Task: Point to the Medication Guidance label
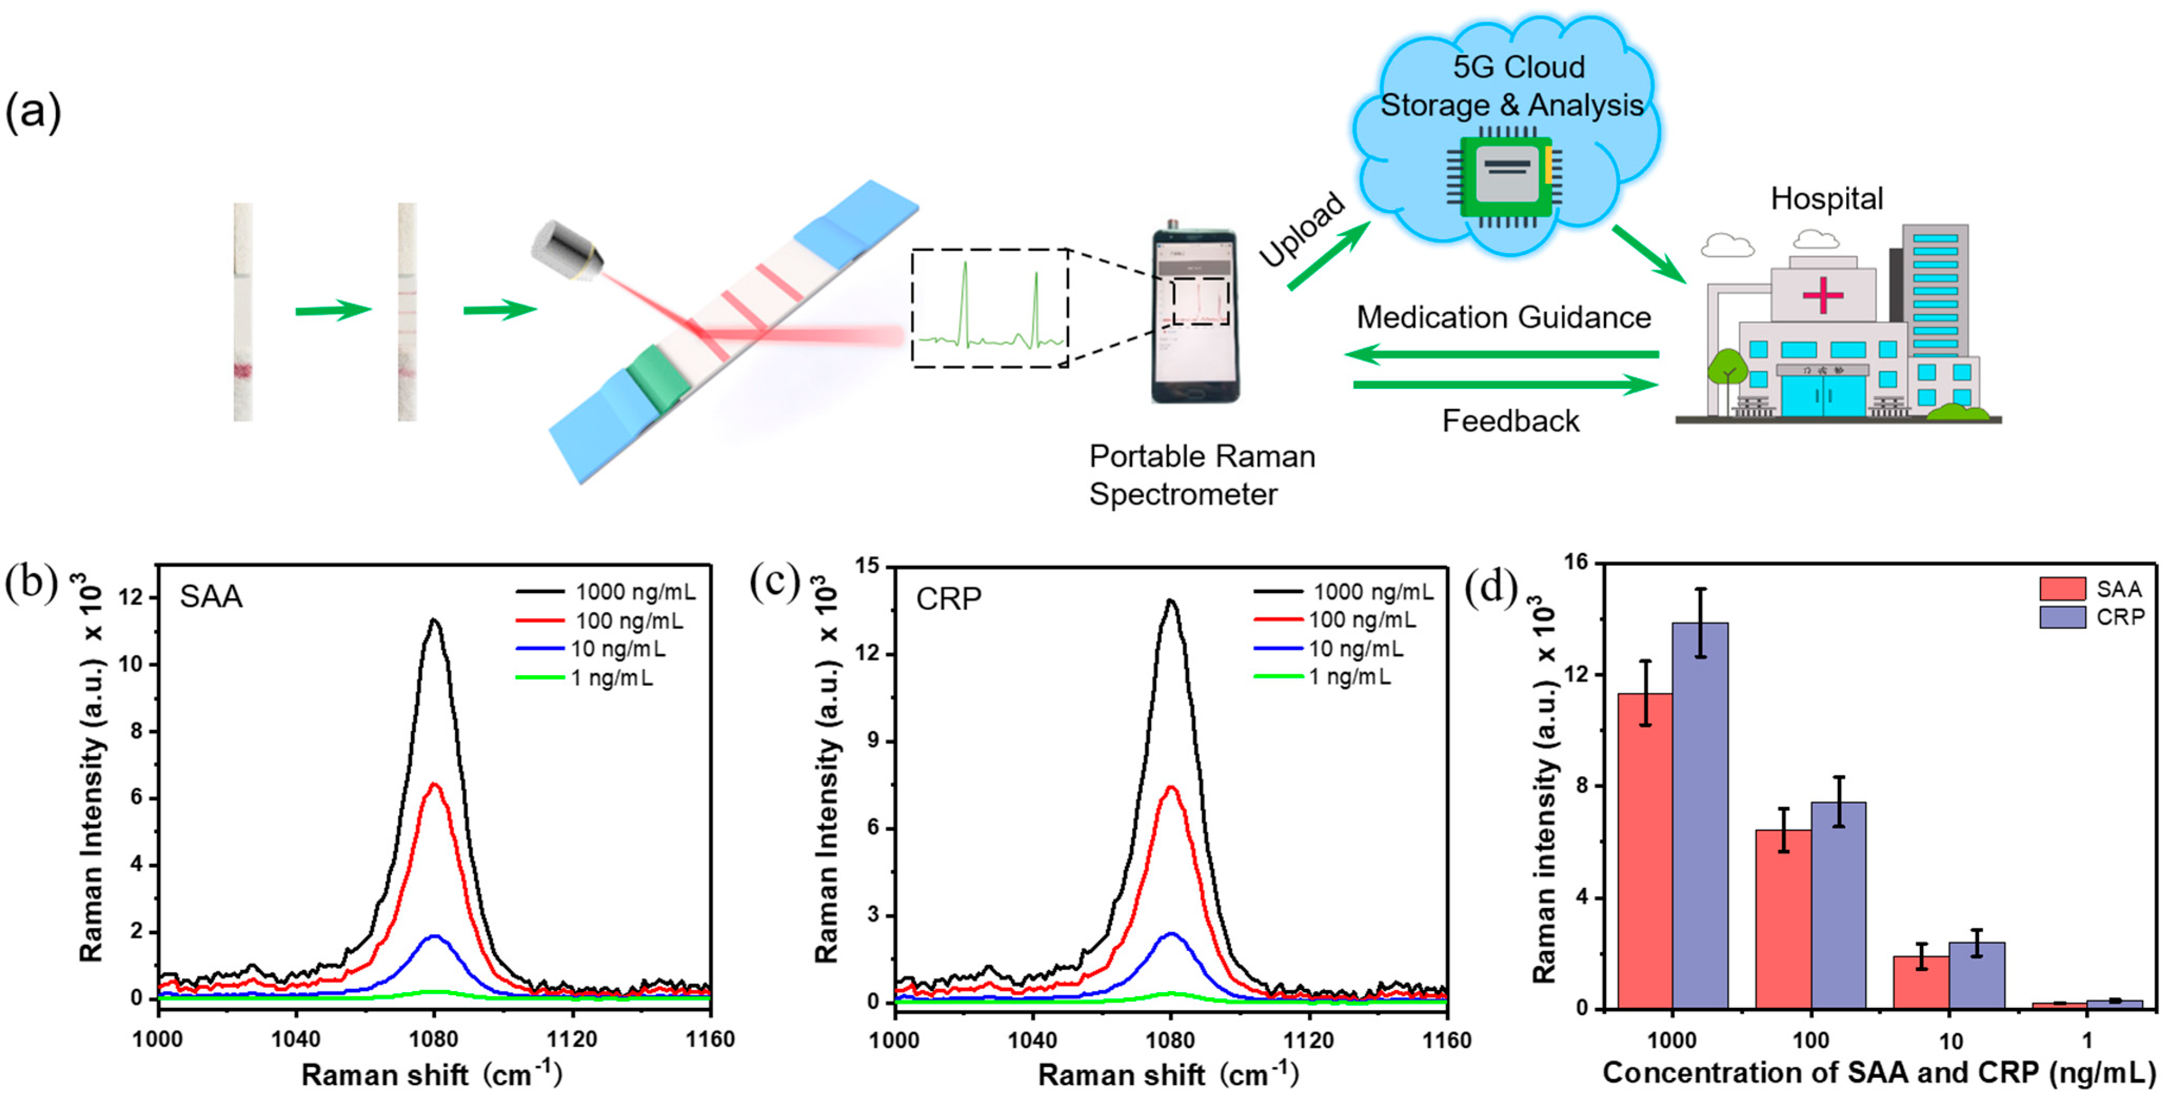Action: (x=1504, y=317)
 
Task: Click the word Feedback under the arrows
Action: (x=1510, y=421)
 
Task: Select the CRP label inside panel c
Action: (x=949, y=599)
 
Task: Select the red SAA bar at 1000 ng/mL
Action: (x=1645, y=851)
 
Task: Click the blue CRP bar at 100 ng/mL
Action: (x=1838, y=905)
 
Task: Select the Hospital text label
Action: (x=1826, y=199)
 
